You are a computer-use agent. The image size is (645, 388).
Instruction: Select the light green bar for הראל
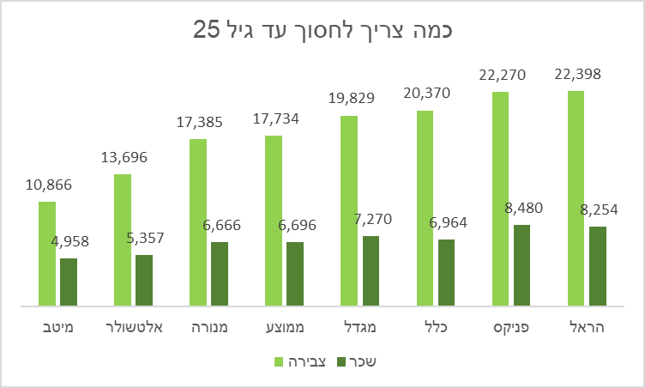(x=576, y=197)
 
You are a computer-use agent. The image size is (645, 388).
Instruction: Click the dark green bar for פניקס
(x=521, y=264)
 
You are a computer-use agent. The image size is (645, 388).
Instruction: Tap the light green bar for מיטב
(x=47, y=253)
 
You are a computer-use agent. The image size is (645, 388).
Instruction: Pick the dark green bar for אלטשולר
(x=144, y=280)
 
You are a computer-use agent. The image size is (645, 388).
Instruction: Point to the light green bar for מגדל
(x=349, y=210)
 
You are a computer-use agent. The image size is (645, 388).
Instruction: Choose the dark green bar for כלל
(x=446, y=272)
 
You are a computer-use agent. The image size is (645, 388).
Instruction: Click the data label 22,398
(x=577, y=75)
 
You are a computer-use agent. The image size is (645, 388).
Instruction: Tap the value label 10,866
(x=49, y=185)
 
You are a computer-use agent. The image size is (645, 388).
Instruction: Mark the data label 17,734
(x=275, y=119)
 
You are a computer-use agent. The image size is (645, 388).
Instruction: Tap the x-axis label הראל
(x=587, y=326)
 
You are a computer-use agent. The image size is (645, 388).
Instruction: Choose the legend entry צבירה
(x=299, y=361)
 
